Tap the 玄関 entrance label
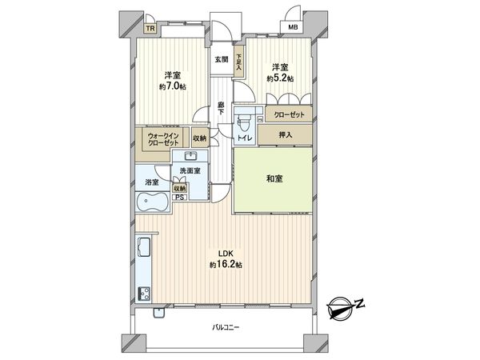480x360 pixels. (x=222, y=59)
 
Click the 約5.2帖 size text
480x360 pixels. (x=278, y=78)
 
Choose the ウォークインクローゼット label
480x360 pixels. (x=162, y=139)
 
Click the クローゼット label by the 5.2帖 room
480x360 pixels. (x=286, y=115)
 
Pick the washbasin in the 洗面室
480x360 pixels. (x=191, y=157)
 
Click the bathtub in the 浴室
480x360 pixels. (x=152, y=203)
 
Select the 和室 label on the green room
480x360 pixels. (x=272, y=180)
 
